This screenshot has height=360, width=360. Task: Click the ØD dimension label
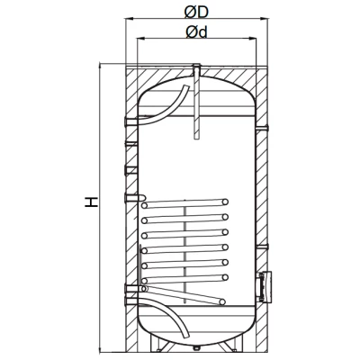coord(196,12)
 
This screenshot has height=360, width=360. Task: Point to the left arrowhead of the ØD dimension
coord(130,19)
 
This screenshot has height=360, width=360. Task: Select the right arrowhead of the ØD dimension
coord(264,19)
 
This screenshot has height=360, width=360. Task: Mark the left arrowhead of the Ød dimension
coord(141,38)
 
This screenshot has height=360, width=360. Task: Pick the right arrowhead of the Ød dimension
coord(252,38)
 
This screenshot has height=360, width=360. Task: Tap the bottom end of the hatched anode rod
coord(196,139)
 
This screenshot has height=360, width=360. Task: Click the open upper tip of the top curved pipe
coord(186,86)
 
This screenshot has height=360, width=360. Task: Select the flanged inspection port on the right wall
coord(265,286)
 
